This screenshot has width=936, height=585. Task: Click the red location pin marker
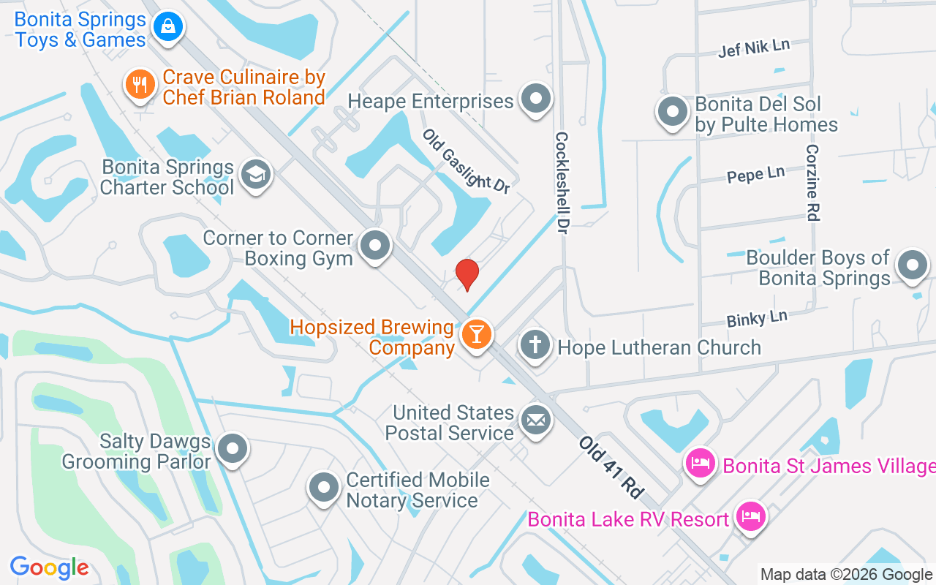click(x=467, y=274)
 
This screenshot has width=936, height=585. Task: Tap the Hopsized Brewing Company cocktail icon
click(x=477, y=335)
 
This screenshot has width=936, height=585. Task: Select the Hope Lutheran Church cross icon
click(x=535, y=344)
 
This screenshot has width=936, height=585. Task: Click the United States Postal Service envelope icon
click(x=536, y=420)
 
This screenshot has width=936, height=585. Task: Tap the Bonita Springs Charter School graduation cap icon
click(x=255, y=175)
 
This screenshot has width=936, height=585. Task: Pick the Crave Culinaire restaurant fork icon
click(x=139, y=85)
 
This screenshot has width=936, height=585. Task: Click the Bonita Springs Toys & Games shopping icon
click(x=168, y=28)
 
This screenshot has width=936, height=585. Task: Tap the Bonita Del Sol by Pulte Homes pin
click(x=672, y=113)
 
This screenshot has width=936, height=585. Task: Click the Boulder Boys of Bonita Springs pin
click(x=912, y=265)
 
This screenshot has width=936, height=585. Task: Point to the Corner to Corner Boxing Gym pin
click(x=376, y=246)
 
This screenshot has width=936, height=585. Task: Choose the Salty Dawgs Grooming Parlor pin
click(x=233, y=450)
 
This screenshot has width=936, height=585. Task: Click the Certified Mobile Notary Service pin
click(x=323, y=488)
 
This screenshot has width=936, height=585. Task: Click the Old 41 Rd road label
click(x=610, y=467)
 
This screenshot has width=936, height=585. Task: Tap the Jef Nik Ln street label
click(x=754, y=48)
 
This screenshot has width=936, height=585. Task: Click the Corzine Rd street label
click(x=812, y=182)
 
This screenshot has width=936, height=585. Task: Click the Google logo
click(x=49, y=567)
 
